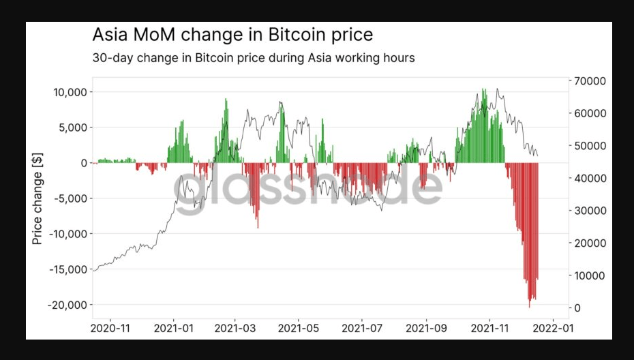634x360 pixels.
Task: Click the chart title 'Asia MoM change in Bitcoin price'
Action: (x=232, y=34)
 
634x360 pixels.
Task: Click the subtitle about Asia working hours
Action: (x=253, y=58)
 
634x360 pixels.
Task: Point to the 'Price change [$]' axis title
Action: (x=37, y=198)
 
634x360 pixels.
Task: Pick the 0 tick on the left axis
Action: (x=83, y=163)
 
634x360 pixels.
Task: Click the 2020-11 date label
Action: (x=110, y=328)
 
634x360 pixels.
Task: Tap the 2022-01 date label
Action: (x=552, y=328)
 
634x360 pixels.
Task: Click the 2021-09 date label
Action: (x=427, y=328)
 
